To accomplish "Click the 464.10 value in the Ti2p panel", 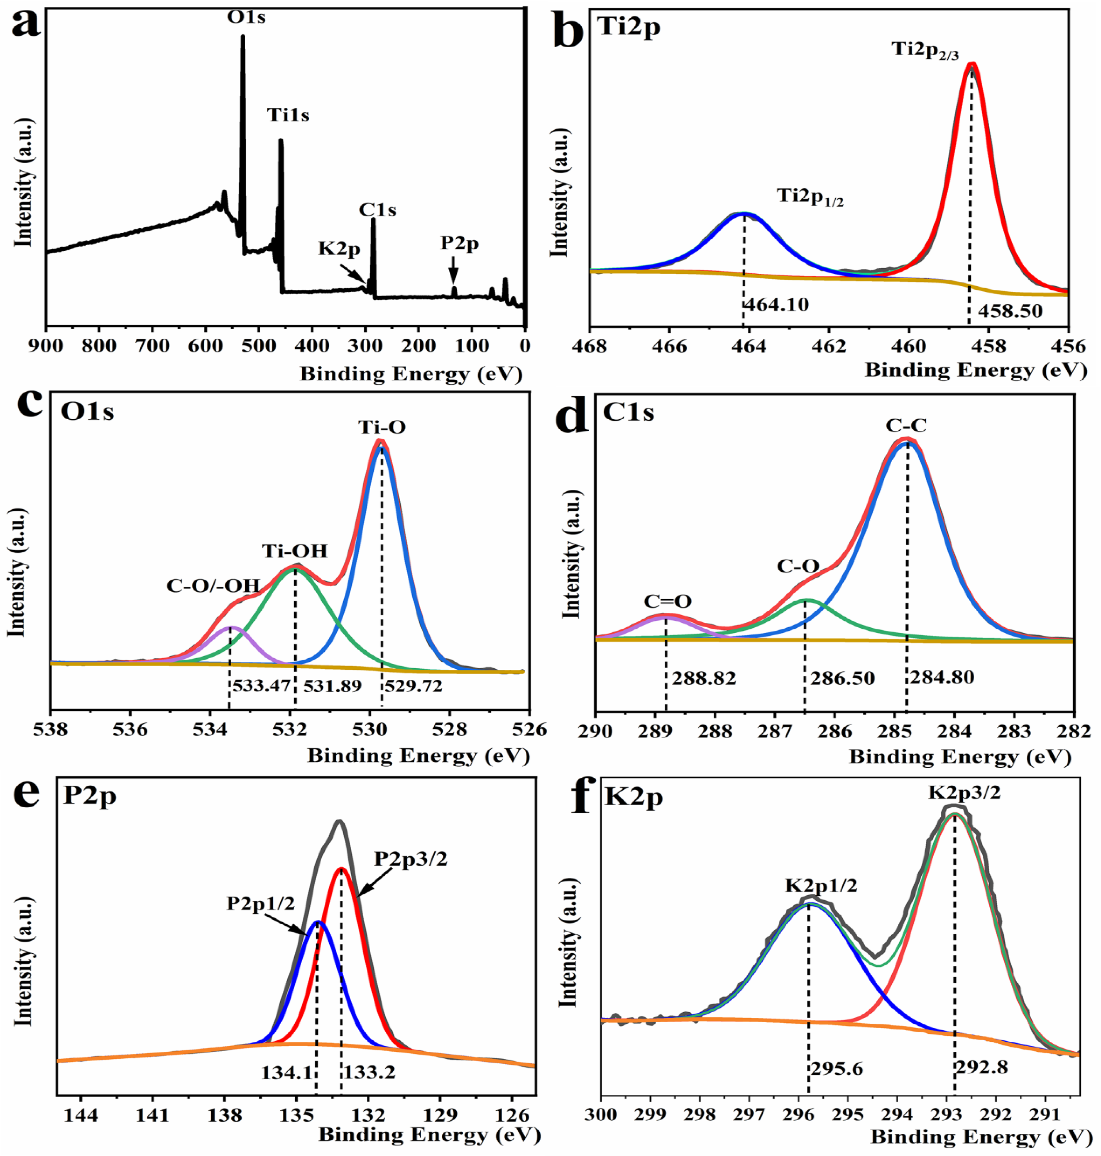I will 776,305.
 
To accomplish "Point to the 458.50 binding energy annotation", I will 1007,311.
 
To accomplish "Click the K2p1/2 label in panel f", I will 821,885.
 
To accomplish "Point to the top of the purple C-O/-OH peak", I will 231,627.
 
